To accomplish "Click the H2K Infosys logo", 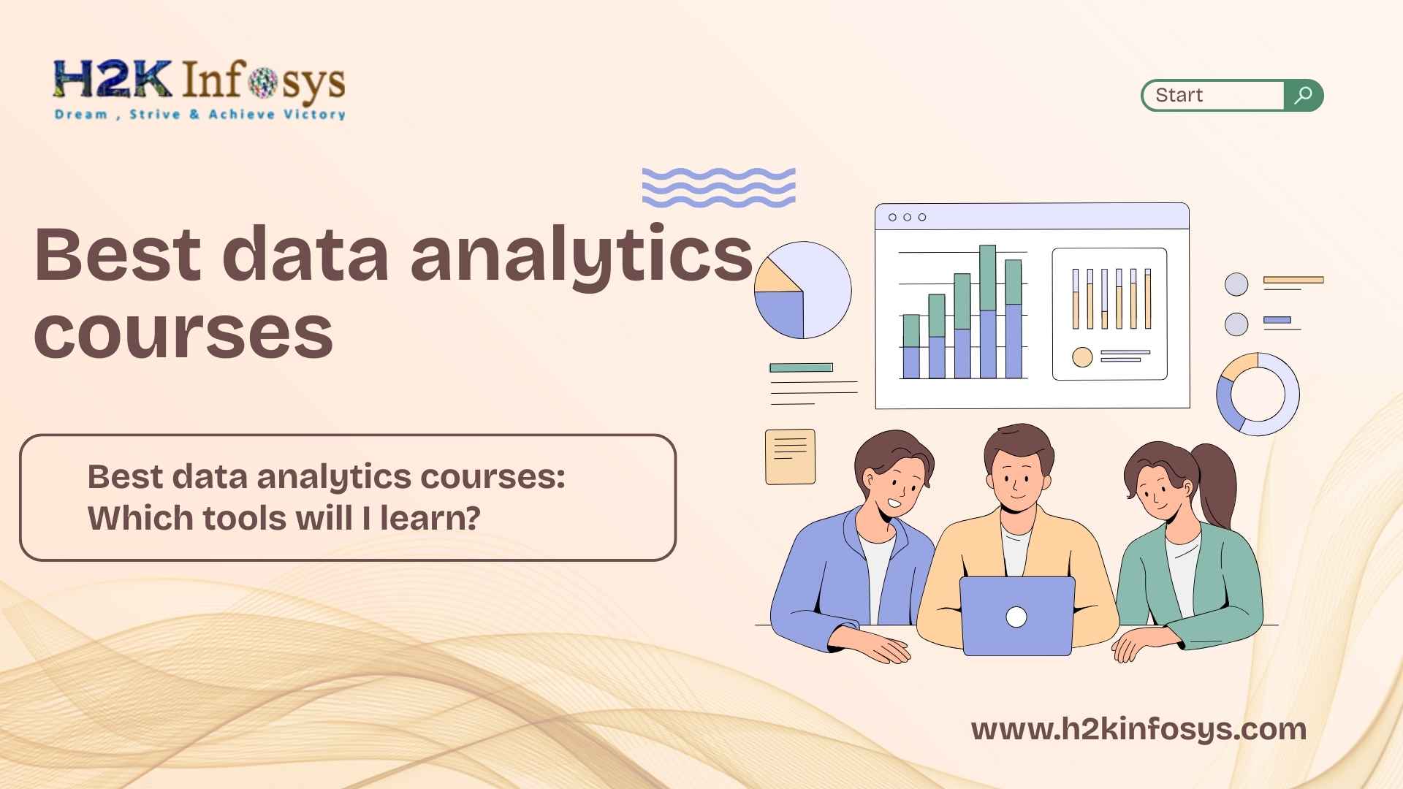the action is [x=199, y=90].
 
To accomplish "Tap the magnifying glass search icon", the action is [x=1303, y=95].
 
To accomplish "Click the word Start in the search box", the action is [x=1179, y=95].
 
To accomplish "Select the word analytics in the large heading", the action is [x=581, y=256].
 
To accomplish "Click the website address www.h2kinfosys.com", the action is [x=1138, y=730].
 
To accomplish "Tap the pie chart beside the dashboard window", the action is [x=803, y=290].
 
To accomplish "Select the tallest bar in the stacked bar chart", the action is [x=987, y=311].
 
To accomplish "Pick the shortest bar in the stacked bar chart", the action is [x=911, y=346].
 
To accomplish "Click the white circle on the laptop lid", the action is [x=1016, y=617].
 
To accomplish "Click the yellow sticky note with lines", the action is [x=790, y=457].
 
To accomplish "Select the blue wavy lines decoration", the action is [x=718, y=187].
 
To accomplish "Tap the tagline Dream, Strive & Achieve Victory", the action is [x=199, y=114].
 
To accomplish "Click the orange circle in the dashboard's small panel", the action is [x=1082, y=357].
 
